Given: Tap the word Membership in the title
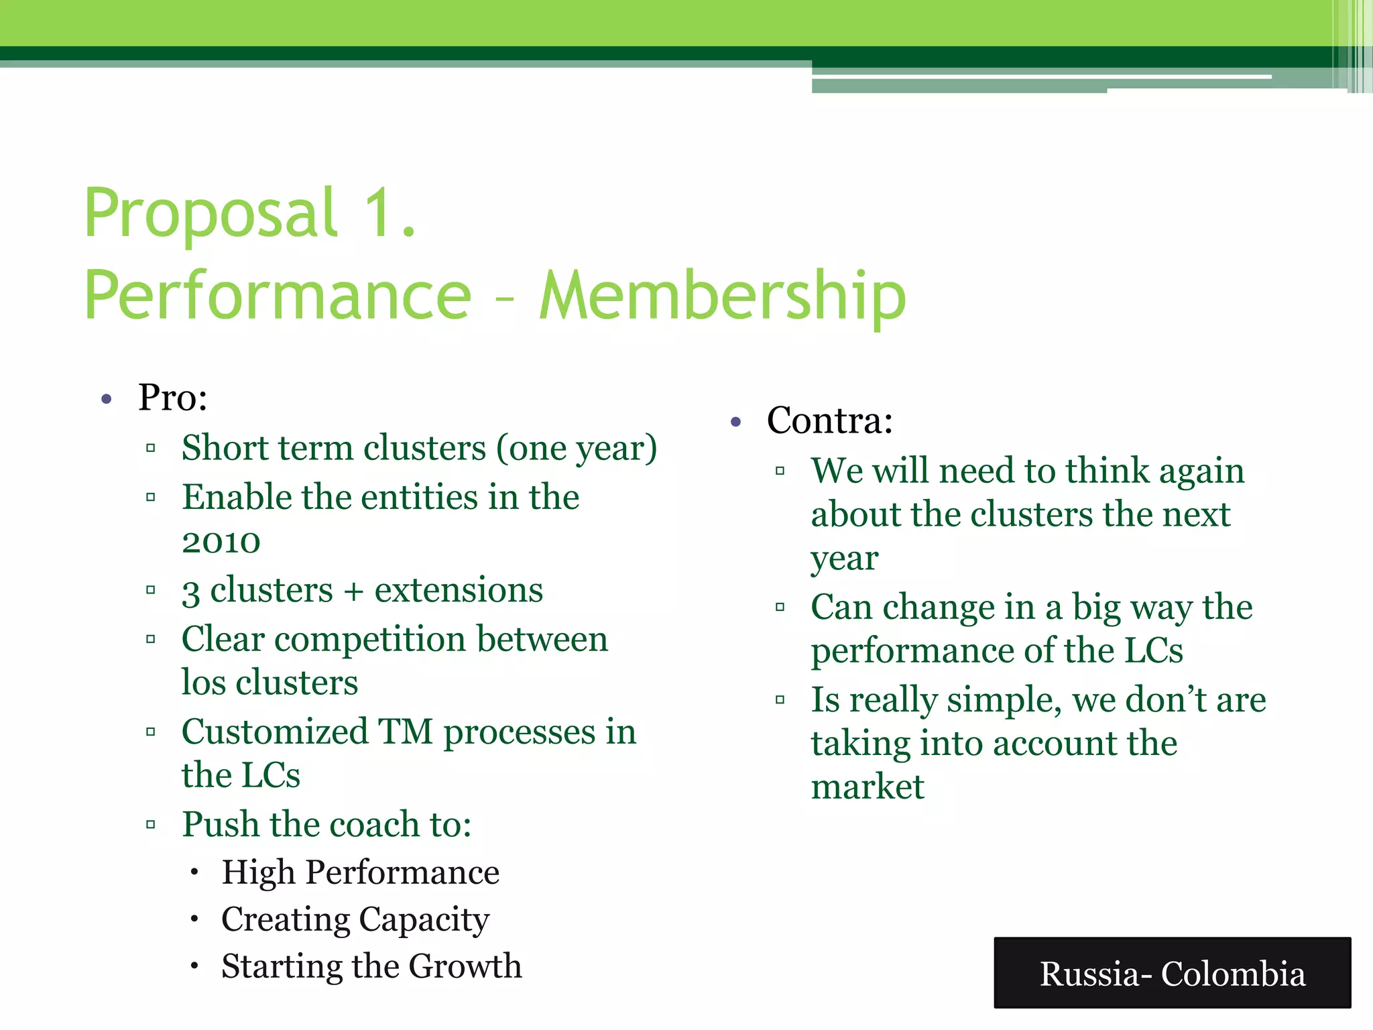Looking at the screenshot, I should [723, 296].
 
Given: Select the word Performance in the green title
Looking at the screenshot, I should [278, 296].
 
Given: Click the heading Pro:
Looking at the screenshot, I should [173, 398].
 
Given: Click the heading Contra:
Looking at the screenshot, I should [830, 421].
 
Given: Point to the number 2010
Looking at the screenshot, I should [221, 542].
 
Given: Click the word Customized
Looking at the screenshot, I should [275, 732].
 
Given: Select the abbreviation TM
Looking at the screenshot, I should [406, 732].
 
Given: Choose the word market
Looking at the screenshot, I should [868, 787].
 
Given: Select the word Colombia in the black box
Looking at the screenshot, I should [1233, 974].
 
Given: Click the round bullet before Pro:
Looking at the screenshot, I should [106, 400].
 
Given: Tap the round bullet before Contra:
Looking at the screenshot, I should [736, 422].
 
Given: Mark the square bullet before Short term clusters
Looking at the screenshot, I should [151, 448].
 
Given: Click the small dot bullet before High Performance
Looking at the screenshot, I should [194, 873].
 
